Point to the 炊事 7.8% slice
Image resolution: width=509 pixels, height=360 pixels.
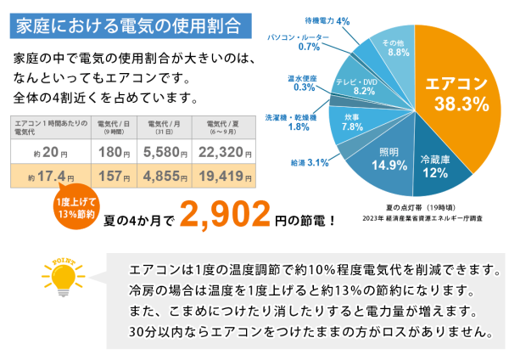coord(352,121)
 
